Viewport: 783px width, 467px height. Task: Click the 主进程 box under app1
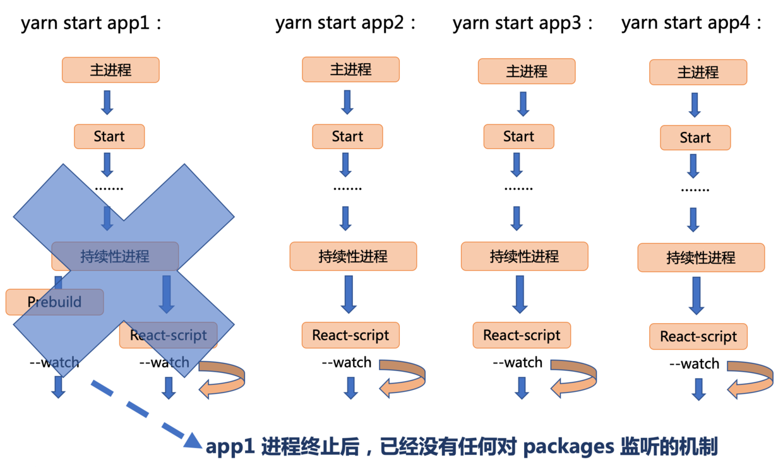[x=111, y=69]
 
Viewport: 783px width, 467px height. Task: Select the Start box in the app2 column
[x=347, y=136]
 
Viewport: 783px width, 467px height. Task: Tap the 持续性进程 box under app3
[x=524, y=256]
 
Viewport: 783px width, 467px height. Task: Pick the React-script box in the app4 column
[x=698, y=336]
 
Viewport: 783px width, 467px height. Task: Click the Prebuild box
[x=54, y=302]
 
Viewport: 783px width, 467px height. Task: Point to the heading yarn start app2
[x=347, y=23]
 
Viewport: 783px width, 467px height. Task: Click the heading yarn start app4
[x=692, y=23]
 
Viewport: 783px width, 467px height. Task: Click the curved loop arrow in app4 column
[x=750, y=379]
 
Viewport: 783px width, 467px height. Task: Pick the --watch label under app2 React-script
[x=347, y=363]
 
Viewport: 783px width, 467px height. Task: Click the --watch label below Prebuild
[x=54, y=362]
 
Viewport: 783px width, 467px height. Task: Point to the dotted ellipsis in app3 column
[x=518, y=188]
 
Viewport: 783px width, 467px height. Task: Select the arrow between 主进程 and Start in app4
[x=695, y=105]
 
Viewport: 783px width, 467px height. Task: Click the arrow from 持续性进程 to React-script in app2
[x=347, y=294]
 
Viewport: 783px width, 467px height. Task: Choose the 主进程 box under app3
[x=526, y=71]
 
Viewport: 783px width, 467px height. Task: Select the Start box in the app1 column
[x=109, y=136]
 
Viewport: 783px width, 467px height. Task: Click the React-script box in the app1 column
[x=168, y=335]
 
